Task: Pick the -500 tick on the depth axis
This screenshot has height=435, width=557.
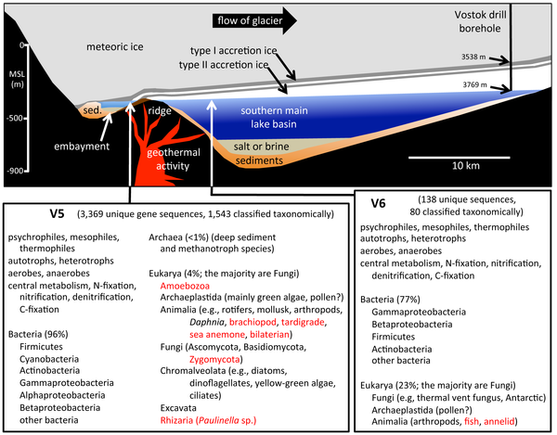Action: coord(18,118)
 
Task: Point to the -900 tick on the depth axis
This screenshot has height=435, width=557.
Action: coord(18,172)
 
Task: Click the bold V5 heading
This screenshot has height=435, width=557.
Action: coord(58,212)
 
